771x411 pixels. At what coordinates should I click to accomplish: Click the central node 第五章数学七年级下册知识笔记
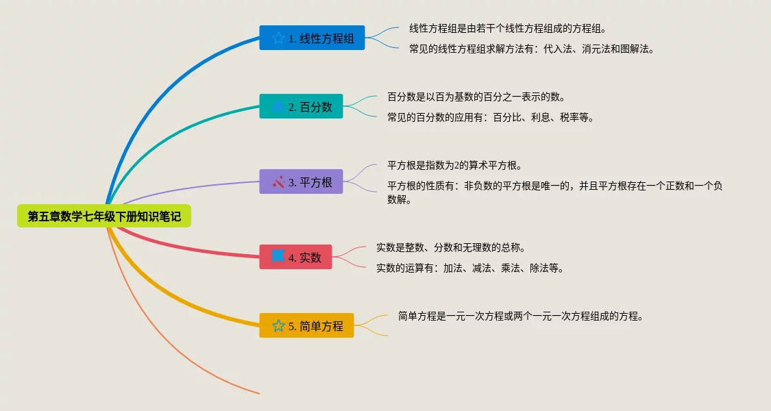coord(103,216)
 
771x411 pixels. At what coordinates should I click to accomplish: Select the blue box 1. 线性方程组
coord(312,38)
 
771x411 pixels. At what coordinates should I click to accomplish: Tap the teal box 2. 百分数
coord(301,106)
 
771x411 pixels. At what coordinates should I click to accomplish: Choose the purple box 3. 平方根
coord(301,182)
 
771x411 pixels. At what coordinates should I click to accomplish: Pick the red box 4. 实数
coord(295,257)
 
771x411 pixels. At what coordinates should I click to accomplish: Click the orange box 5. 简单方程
coord(306,325)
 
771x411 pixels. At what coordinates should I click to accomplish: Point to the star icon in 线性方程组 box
coord(278,38)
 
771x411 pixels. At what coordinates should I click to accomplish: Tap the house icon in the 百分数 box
coord(278,106)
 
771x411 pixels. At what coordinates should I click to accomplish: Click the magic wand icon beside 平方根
coord(278,182)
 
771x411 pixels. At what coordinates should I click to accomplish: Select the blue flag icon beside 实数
coord(278,256)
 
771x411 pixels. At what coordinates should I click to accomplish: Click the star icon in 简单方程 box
coord(278,325)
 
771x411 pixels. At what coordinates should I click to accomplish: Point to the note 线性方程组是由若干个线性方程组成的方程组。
coord(508,29)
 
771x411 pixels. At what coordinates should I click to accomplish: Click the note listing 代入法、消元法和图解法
coord(532,49)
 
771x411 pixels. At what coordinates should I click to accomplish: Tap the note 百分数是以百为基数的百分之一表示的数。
coord(476,97)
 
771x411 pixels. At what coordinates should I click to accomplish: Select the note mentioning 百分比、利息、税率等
coord(490,118)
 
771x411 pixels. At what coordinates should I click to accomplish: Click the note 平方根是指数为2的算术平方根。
coord(455,165)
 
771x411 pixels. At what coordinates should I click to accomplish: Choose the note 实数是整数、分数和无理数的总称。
coord(451,247)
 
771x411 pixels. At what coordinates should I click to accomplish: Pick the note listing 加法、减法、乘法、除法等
coord(470,268)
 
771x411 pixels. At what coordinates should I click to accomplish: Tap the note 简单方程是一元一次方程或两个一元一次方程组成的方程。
coord(521,316)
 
